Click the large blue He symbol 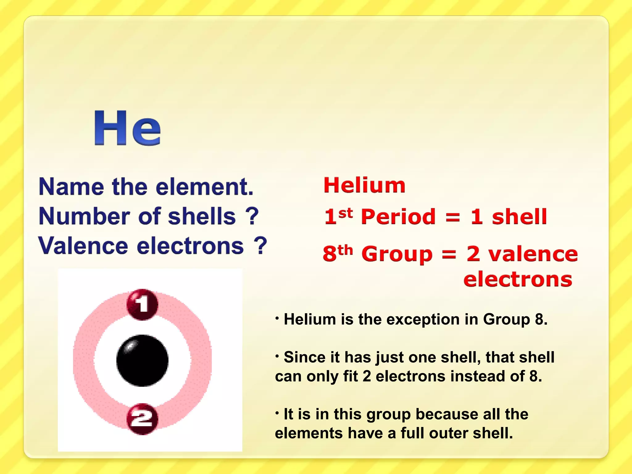[x=127, y=128]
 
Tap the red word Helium [x=364, y=185]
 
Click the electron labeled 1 [x=142, y=304]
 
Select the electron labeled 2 [x=142, y=419]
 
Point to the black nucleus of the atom [x=142, y=360]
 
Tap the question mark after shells [x=252, y=216]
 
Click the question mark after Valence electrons [x=260, y=246]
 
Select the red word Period [x=398, y=217]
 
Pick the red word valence [x=533, y=254]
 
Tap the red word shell [x=519, y=217]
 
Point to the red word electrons [x=518, y=280]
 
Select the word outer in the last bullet [x=448, y=433]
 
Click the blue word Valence [x=83, y=246]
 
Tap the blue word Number [x=84, y=216]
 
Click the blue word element [x=204, y=187]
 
